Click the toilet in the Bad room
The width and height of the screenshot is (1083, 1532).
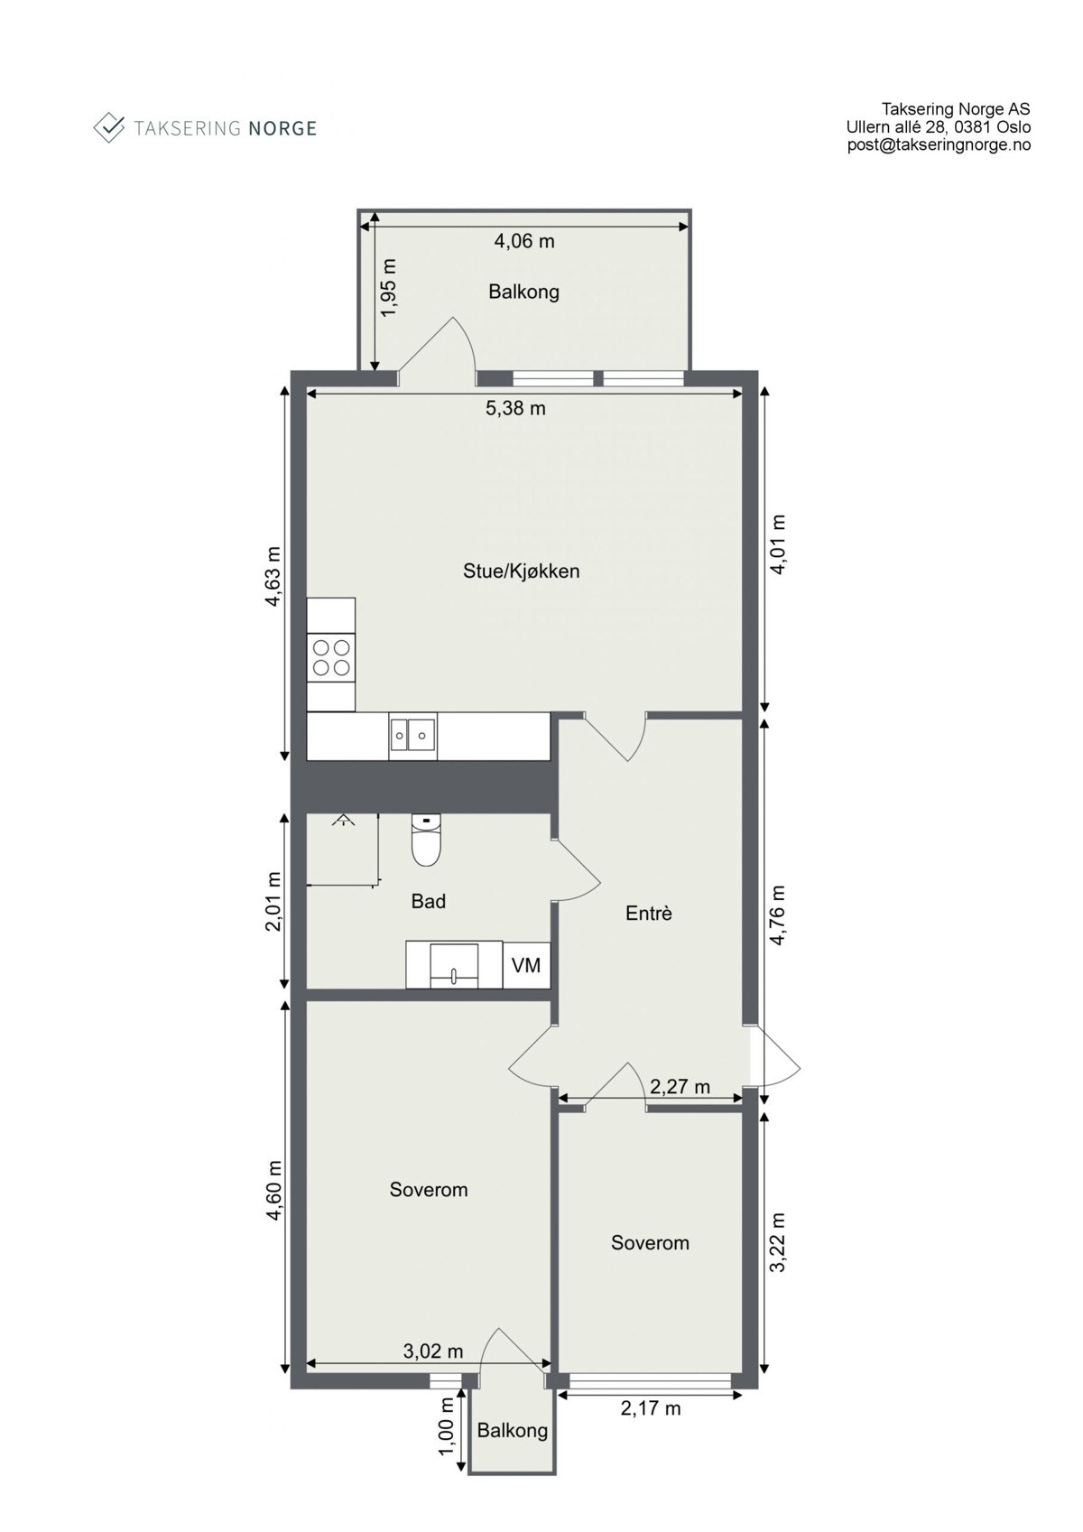pyautogui.click(x=425, y=840)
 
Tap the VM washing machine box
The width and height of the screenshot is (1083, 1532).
pyautogui.click(x=526, y=965)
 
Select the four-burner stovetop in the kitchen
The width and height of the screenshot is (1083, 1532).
pyautogui.click(x=330, y=657)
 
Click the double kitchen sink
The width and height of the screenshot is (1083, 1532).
pyautogui.click(x=413, y=736)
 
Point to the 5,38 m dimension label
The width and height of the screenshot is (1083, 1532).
pyautogui.click(x=515, y=408)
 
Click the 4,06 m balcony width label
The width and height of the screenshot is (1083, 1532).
pyautogui.click(x=523, y=241)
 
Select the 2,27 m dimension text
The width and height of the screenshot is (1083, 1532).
pyautogui.click(x=680, y=1087)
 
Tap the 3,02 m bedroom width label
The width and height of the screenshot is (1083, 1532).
pyautogui.click(x=432, y=1351)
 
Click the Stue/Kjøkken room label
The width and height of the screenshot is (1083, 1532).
pyautogui.click(x=521, y=571)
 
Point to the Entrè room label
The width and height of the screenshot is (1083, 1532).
pyautogui.click(x=648, y=914)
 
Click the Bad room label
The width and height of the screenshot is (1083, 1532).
pyautogui.click(x=428, y=901)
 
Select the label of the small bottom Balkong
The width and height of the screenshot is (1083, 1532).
pyautogui.click(x=512, y=1430)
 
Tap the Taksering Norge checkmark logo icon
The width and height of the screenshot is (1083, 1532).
pyautogui.click(x=109, y=127)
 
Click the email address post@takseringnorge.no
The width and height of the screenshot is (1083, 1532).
pyautogui.click(x=938, y=144)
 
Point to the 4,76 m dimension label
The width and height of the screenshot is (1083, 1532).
pyautogui.click(x=777, y=915)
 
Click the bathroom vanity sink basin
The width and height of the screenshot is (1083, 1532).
pyautogui.click(x=454, y=963)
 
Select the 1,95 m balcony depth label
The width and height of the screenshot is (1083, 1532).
pyautogui.click(x=388, y=288)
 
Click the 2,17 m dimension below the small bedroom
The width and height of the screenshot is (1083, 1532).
pyautogui.click(x=650, y=1408)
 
